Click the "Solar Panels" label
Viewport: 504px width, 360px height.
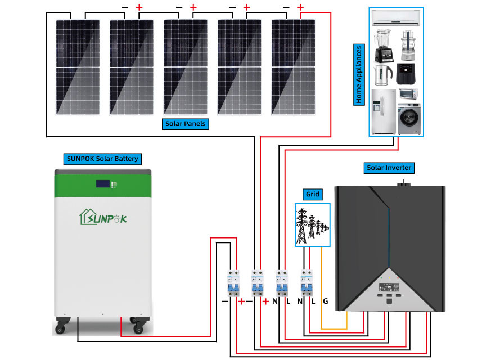tap(186, 124)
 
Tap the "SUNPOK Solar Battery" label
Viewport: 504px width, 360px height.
tap(102, 159)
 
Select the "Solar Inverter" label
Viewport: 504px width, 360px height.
tap(389, 168)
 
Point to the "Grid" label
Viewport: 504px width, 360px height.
tap(312, 194)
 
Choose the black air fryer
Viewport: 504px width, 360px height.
tap(407, 74)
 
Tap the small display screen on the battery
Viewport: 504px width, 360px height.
tap(103, 183)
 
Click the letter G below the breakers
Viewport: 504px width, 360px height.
tap(325, 301)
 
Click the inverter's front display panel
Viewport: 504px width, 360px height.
tap(389, 292)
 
